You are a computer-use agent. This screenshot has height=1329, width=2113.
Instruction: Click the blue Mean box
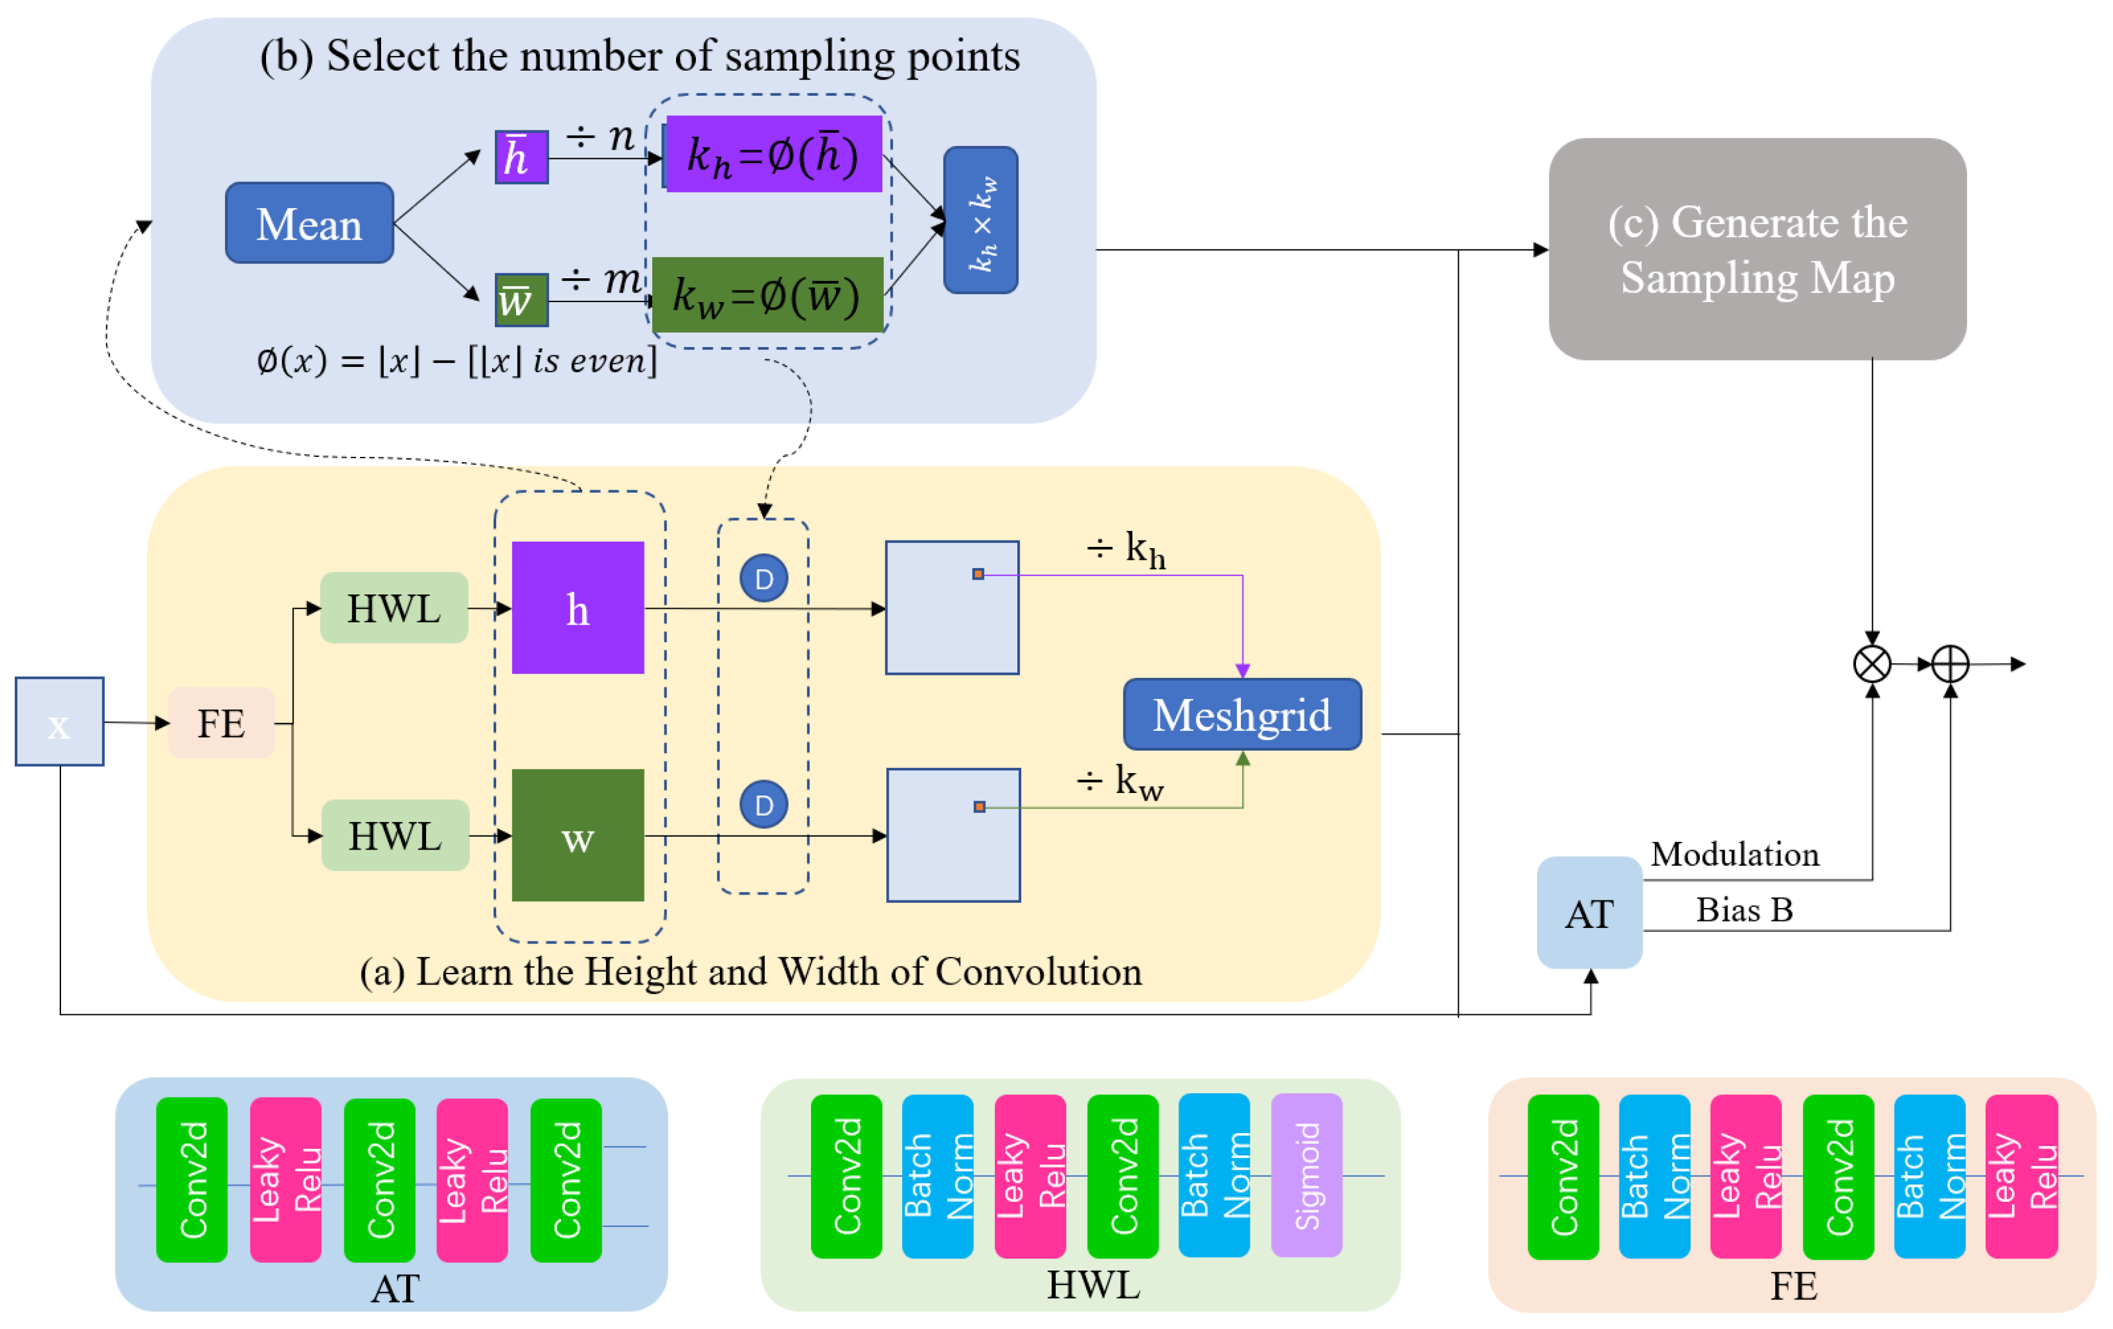point(309,223)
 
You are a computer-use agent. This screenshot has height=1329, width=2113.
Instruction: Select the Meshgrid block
point(1242,714)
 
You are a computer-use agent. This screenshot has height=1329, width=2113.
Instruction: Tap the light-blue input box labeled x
point(58,721)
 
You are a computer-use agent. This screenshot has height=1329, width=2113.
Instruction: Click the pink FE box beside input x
point(221,723)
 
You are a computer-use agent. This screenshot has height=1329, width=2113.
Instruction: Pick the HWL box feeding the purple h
point(393,608)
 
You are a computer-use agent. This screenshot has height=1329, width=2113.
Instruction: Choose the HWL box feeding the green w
point(395,835)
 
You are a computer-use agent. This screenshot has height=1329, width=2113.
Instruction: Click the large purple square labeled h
point(577,607)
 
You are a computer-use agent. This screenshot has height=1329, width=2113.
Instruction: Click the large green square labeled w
point(577,835)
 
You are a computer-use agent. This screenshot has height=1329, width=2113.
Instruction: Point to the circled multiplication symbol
point(1872,664)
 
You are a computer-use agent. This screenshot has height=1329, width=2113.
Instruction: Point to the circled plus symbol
point(1950,664)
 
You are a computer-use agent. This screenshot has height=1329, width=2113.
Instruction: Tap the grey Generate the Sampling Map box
point(1757,249)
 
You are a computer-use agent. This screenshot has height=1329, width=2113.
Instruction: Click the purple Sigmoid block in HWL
point(1306,1175)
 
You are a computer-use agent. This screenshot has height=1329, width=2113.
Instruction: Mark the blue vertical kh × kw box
point(980,220)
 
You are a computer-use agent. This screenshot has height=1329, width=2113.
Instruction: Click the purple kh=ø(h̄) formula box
point(773,154)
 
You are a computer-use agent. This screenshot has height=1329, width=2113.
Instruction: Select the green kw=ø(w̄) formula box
point(767,295)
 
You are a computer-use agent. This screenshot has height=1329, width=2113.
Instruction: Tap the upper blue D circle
point(763,578)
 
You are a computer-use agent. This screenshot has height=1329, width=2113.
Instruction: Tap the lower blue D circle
point(763,805)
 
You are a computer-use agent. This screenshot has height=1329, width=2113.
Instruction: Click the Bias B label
point(1743,910)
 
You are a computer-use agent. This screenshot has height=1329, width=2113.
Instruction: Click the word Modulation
point(1734,853)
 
